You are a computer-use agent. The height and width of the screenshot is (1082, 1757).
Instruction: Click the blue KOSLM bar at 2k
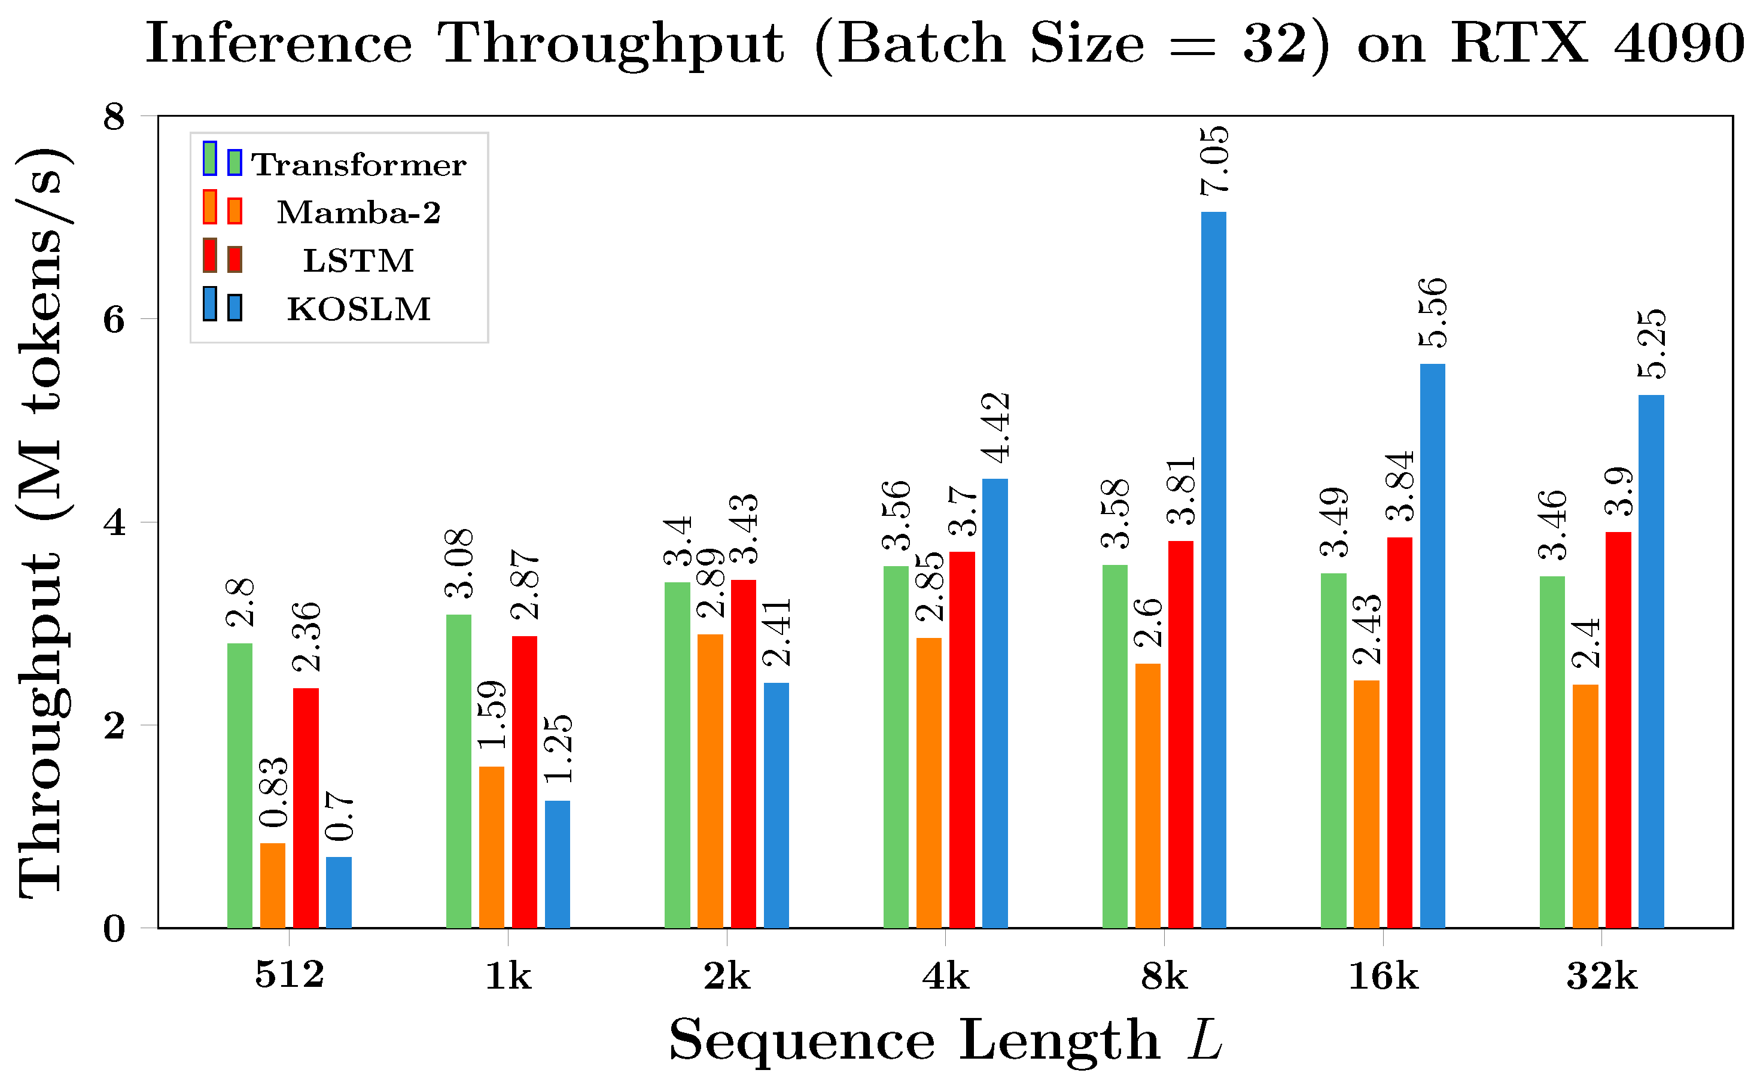(x=776, y=805)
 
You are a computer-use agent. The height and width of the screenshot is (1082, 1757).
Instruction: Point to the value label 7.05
(x=1214, y=161)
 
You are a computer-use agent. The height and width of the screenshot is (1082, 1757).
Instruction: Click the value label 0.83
(x=273, y=792)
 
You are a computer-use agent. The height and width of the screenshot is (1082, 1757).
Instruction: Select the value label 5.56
(x=1433, y=313)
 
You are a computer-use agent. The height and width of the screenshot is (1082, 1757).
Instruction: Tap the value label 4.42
(x=995, y=428)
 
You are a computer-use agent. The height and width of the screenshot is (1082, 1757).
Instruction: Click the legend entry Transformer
(x=358, y=165)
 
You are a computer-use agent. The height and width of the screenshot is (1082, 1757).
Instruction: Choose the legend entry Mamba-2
(x=358, y=212)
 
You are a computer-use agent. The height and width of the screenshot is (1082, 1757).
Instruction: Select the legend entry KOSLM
(x=358, y=309)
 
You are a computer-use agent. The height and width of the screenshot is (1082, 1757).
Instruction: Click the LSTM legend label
(x=358, y=260)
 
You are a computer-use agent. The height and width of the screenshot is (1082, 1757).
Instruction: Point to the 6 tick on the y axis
(x=114, y=319)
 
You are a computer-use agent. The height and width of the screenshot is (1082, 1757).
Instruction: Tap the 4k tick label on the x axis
(x=945, y=976)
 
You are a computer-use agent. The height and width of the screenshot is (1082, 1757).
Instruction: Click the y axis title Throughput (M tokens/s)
(x=43, y=522)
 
